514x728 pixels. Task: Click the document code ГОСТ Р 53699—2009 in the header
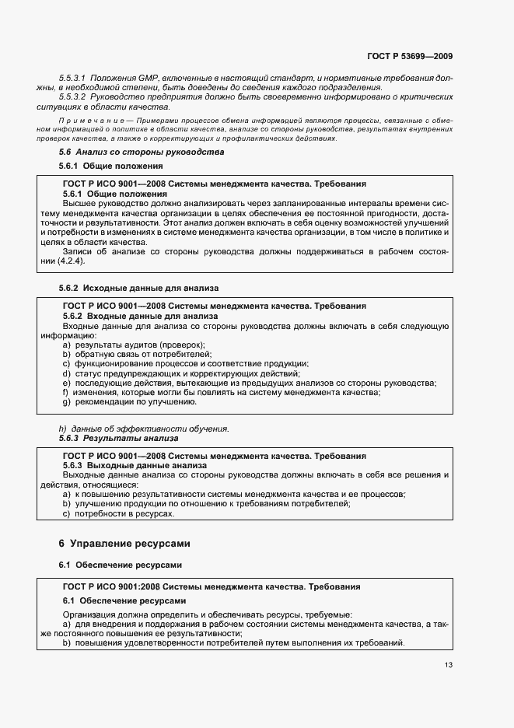[410, 56]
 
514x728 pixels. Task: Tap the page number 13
[448, 664]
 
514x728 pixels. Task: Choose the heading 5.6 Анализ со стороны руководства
[142, 152]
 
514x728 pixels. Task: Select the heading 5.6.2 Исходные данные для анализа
[139, 288]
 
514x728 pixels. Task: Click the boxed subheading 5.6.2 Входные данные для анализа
[139, 317]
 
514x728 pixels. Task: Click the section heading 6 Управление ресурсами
[124, 542]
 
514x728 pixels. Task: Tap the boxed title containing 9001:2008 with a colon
[211, 586]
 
